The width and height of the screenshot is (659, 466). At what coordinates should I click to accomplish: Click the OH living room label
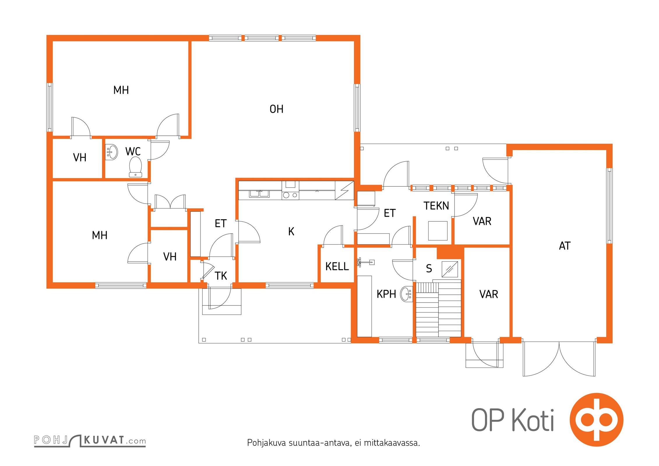click(276, 109)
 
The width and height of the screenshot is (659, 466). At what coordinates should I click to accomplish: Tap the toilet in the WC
click(135, 167)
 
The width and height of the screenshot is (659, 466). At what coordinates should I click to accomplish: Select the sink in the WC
click(111, 152)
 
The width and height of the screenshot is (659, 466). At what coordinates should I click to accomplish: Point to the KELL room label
click(337, 266)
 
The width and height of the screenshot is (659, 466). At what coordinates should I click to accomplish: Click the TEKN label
click(436, 206)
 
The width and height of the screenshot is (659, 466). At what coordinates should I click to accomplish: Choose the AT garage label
click(565, 246)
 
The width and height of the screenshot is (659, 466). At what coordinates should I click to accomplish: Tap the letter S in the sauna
click(429, 268)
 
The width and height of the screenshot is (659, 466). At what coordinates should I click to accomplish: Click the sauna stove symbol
click(450, 269)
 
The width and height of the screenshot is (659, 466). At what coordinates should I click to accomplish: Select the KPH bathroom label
click(386, 294)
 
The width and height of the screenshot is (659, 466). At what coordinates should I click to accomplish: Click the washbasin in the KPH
click(406, 294)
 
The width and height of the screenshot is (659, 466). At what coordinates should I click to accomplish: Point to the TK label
click(221, 276)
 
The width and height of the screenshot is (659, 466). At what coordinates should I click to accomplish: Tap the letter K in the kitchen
click(291, 231)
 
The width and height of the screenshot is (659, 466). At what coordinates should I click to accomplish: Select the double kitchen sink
click(259, 194)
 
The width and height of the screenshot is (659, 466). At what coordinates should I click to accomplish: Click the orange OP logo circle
click(596, 420)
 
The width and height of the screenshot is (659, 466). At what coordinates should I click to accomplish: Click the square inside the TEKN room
click(438, 231)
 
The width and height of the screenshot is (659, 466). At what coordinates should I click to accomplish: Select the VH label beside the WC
click(80, 158)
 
